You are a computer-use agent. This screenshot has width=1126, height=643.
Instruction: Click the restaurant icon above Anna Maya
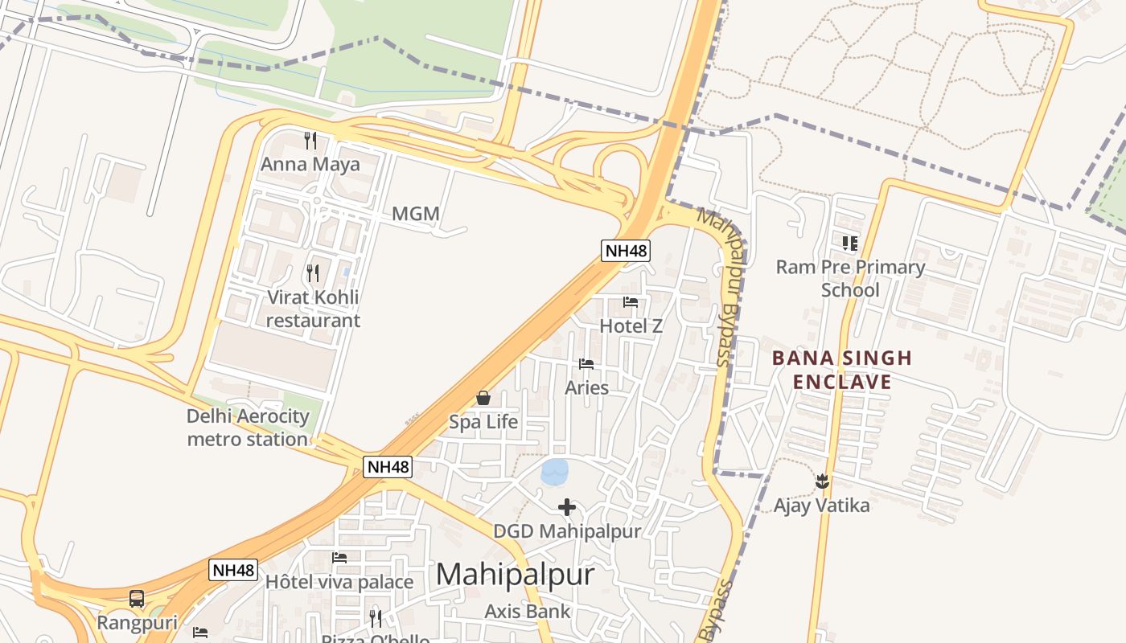tap(310, 141)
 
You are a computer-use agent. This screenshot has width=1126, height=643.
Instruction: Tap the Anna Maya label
tap(310, 164)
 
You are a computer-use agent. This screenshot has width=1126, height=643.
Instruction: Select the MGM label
tap(416, 214)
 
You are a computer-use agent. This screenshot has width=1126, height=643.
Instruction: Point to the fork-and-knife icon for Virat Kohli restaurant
tap(313, 273)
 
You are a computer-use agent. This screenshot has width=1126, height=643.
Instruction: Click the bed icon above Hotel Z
tap(631, 303)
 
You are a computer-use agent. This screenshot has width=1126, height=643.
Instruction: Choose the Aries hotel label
tap(586, 387)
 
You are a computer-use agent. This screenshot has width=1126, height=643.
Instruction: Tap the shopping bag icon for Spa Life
tap(483, 398)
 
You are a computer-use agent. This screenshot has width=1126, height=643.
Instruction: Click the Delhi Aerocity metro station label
tap(248, 428)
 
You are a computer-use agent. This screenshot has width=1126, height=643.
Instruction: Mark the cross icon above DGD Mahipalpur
tap(567, 507)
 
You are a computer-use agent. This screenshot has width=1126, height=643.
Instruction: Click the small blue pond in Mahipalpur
tap(555, 472)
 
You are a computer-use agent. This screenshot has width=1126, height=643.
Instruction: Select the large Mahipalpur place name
tap(516, 575)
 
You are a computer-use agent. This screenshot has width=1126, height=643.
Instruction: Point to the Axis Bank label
tap(528, 611)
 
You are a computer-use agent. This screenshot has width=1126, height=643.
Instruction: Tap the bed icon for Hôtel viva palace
tap(339, 558)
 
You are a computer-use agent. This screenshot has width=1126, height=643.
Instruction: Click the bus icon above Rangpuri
tap(137, 599)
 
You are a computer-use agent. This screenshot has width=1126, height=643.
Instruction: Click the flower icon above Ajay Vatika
tap(822, 481)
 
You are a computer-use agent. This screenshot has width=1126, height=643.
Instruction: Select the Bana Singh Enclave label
tap(842, 370)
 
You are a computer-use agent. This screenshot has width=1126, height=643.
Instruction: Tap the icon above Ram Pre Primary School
tap(850, 243)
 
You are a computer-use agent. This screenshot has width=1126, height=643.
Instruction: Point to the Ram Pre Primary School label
tap(850, 278)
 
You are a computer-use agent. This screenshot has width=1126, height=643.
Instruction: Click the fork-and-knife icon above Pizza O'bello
tap(376, 618)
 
